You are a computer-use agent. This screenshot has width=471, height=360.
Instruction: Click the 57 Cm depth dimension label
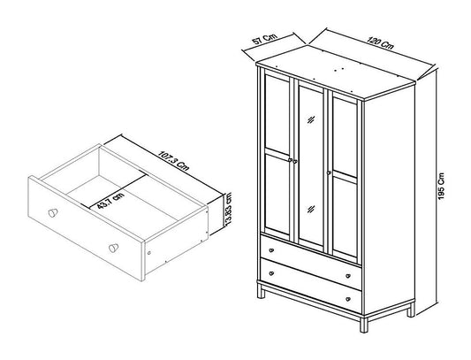click(x=264, y=39)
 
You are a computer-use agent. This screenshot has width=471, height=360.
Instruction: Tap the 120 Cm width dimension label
click(x=380, y=43)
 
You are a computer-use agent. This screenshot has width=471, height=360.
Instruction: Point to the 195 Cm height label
click(x=441, y=187)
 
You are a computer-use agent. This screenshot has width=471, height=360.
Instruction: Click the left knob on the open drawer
click(x=53, y=212)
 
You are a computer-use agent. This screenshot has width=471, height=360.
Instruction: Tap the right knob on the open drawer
click(x=113, y=248)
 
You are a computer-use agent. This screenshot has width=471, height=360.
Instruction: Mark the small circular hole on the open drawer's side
click(x=149, y=253)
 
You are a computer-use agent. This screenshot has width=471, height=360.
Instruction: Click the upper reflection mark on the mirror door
click(x=311, y=119)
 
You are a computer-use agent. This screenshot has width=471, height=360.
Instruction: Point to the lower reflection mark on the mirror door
click(x=311, y=209)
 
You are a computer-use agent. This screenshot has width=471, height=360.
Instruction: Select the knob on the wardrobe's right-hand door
click(x=329, y=173)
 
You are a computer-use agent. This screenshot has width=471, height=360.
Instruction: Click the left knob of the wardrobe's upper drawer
click(x=271, y=250)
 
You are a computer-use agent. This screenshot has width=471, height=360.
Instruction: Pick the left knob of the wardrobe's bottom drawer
click(x=271, y=273)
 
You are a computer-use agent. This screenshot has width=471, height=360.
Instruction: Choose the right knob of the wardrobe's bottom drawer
click(x=348, y=299)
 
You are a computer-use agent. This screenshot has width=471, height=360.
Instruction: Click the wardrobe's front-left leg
click(x=262, y=291)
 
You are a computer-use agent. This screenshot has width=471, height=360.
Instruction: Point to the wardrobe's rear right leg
click(x=411, y=310)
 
